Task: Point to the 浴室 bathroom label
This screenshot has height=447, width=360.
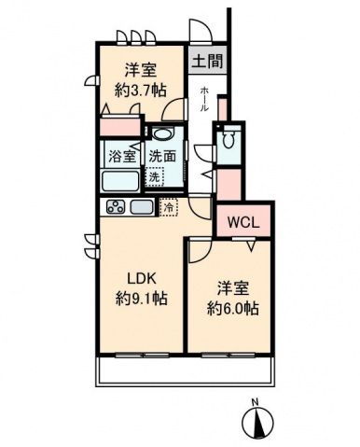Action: click(121, 156)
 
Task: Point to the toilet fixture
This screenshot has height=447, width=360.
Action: click(228, 143)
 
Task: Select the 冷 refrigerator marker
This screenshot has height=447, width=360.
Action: click(169, 207)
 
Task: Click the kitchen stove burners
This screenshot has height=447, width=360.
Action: click(115, 206)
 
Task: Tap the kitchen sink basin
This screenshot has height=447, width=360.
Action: click(142, 206)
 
